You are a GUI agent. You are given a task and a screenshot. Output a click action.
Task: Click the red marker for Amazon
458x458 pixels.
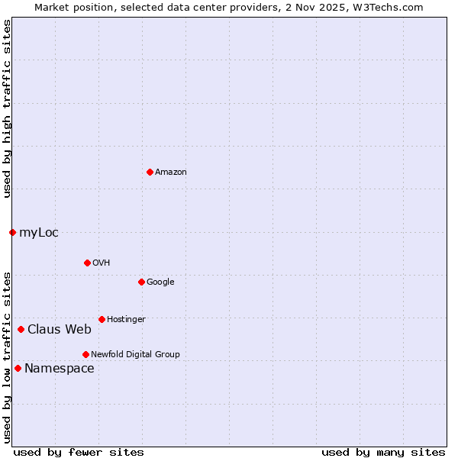150,172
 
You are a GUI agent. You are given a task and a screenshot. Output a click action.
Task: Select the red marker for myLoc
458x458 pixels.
12,232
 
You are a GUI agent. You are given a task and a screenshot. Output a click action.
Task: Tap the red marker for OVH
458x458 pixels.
87,263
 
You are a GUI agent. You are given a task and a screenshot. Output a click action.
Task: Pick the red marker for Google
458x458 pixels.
141,282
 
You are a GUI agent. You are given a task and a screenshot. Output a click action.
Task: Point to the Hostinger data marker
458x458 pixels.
102,319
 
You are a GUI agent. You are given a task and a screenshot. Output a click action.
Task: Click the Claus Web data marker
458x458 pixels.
21,329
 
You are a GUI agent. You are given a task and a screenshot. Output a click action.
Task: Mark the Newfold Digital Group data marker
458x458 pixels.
85,354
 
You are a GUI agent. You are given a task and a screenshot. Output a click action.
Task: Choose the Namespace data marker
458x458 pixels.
18,368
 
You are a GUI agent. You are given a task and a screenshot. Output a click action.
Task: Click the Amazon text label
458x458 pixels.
171,172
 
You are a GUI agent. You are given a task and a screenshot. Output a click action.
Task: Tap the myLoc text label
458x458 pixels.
39,232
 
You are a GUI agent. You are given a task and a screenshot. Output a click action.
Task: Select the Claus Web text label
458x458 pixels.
60,329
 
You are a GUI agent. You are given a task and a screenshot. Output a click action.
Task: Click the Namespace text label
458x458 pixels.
60,368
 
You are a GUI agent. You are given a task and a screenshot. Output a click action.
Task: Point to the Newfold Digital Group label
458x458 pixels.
136,354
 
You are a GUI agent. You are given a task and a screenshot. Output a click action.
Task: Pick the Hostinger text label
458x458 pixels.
126,319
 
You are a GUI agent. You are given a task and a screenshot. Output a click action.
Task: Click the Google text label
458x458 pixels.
160,282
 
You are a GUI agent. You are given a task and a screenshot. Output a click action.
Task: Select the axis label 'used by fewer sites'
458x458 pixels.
79,452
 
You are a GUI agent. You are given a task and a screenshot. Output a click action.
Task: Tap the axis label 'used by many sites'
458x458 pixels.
383,452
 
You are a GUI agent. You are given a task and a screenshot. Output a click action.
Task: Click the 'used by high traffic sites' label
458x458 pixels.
7,108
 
